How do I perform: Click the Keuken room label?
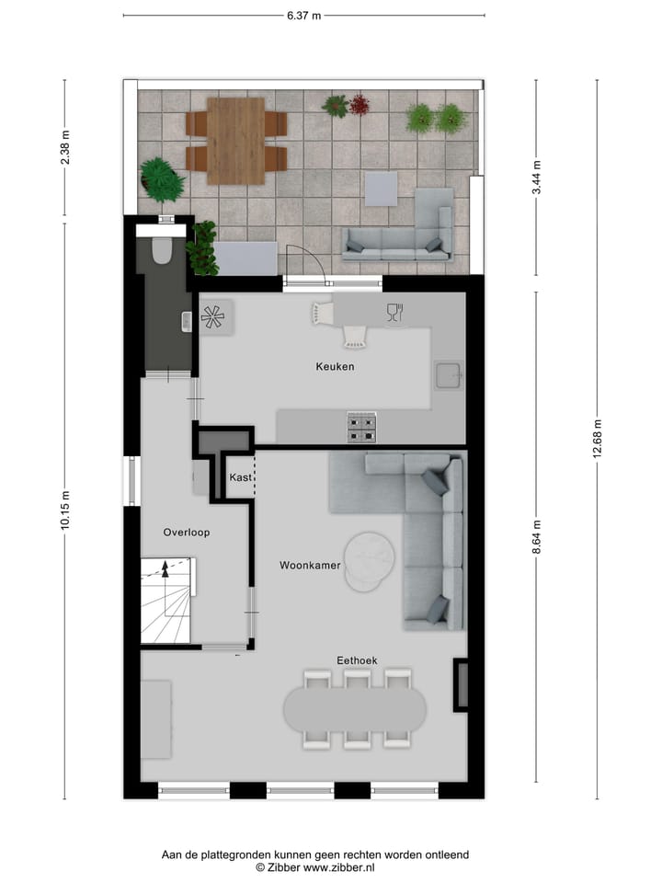[x=335, y=367]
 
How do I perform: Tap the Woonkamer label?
[x=311, y=566]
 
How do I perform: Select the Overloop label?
[x=187, y=533]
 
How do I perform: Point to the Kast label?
[x=240, y=478]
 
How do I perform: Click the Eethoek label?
[x=357, y=660]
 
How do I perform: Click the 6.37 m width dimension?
[x=303, y=16]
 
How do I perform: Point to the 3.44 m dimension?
[x=537, y=178]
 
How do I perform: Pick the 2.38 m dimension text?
[x=65, y=148]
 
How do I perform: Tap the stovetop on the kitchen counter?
[x=361, y=427]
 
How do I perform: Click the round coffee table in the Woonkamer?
[x=370, y=561]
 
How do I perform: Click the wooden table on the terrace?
[x=236, y=141]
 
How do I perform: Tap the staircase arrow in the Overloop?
[x=165, y=569]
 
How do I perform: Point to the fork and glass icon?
[x=394, y=312]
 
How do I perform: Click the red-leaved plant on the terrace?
[x=358, y=104]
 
